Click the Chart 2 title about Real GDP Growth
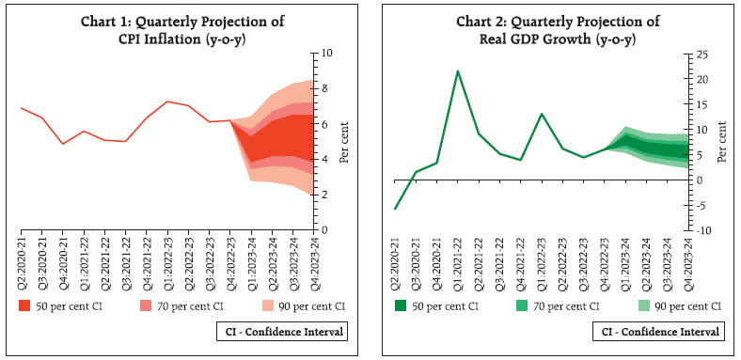pyautogui.click(x=548, y=29)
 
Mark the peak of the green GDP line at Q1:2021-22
pyautogui.click(x=457, y=70)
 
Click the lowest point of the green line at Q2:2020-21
pyautogui.click(x=395, y=209)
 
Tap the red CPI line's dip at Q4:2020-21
pyautogui.click(x=62, y=144)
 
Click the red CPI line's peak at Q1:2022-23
pyautogui.click(x=166, y=102)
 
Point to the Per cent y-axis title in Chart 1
pyautogui.click(x=345, y=141)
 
